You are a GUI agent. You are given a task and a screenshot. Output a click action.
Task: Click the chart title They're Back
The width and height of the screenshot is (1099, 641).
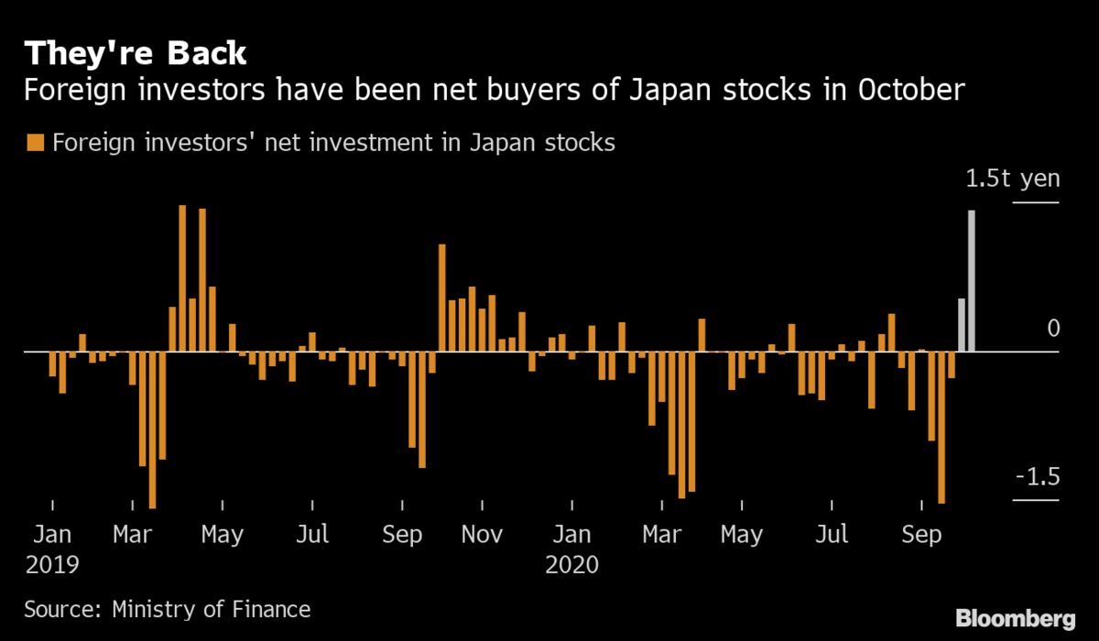tap(136, 53)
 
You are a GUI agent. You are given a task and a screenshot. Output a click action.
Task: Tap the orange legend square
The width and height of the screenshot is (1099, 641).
tap(37, 143)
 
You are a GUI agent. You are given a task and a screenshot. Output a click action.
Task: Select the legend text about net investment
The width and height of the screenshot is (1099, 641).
tap(334, 143)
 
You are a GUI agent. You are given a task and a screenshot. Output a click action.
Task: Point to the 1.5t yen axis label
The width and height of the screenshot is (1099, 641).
tap(1013, 179)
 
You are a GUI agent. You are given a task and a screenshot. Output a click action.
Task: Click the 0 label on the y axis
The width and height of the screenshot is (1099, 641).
tap(1052, 329)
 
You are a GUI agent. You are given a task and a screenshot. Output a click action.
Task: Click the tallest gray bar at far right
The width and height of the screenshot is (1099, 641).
tap(971, 280)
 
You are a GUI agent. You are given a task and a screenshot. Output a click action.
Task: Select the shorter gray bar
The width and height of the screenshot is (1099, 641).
tap(961, 324)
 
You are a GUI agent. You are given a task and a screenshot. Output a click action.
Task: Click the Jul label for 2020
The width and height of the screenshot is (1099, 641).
tap(832, 534)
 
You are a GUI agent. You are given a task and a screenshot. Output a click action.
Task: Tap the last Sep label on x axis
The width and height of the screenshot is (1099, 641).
tap(921, 534)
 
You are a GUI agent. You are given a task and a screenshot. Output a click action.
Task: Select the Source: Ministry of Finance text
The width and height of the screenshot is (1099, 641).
tap(168, 609)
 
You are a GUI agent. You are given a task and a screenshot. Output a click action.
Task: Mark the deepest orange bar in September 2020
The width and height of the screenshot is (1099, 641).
tap(941, 427)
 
